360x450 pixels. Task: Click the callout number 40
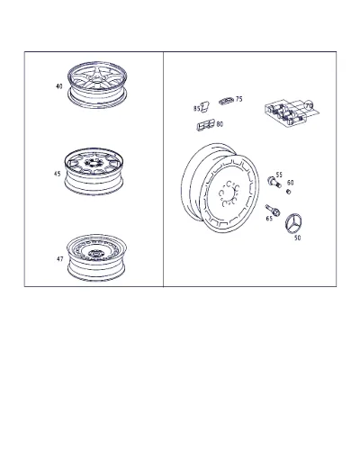59,86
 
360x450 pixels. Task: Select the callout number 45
57,174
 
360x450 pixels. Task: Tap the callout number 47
60,258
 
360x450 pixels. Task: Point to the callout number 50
297,238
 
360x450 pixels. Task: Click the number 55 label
279,175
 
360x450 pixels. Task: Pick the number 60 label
290,183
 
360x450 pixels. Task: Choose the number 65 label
269,219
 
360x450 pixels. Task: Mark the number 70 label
309,106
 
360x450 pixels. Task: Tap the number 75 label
238,99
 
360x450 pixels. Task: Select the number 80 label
220,124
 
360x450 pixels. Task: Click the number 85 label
196,109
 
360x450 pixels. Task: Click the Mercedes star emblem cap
292,224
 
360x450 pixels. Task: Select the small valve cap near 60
289,192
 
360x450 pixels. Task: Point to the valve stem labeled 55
274,181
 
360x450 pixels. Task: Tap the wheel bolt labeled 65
273,211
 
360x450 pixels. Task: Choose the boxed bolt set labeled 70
291,112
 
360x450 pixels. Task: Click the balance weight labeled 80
206,125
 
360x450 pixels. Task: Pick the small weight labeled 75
226,101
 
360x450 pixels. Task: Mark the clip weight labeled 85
205,106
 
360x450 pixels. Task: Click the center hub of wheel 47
95,254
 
